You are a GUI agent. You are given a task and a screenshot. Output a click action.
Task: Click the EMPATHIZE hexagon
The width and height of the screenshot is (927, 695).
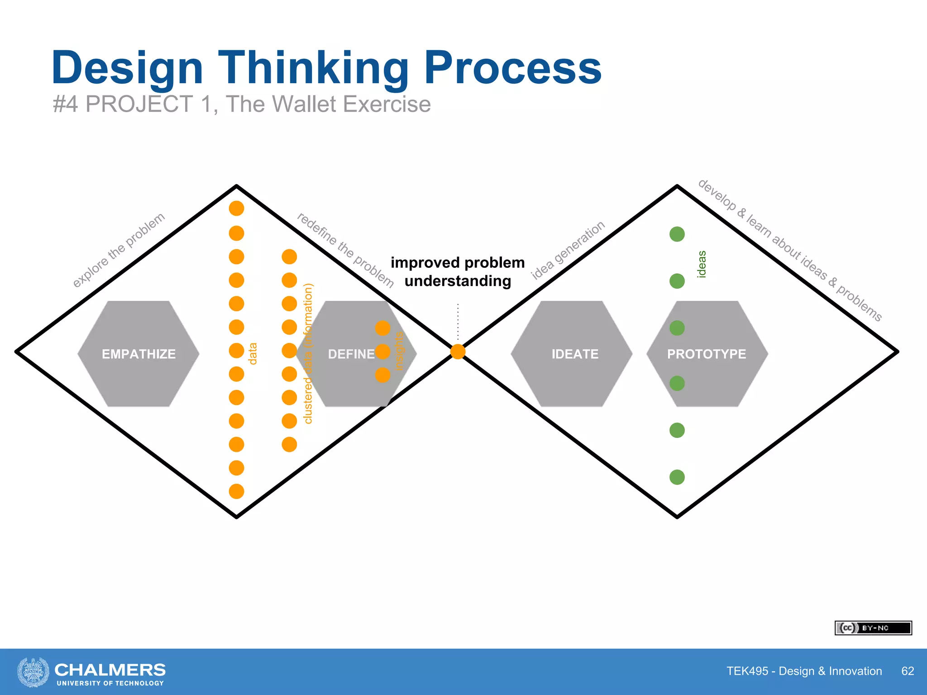click(139, 354)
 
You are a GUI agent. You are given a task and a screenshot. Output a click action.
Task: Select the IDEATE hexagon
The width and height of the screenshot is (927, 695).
click(572, 354)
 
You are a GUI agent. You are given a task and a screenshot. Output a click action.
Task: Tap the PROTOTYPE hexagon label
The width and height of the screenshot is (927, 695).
click(706, 354)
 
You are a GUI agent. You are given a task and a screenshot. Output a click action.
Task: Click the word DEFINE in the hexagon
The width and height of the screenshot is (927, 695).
click(351, 354)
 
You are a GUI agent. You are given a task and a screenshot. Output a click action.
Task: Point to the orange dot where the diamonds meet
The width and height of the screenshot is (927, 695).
click(458, 352)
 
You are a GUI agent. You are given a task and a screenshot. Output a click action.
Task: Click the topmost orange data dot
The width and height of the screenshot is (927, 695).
click(236, 209)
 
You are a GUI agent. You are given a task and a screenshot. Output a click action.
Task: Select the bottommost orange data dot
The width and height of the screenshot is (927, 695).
click(236, 491)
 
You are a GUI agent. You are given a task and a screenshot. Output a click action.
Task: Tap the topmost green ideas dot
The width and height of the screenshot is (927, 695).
click(677, 234)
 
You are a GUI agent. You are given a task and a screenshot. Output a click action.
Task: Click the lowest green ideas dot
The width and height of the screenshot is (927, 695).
click(677, 477)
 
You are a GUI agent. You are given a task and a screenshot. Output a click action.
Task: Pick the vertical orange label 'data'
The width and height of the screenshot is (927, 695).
click(253, 353)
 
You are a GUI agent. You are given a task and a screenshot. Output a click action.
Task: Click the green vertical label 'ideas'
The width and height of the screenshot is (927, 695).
click(702, 264)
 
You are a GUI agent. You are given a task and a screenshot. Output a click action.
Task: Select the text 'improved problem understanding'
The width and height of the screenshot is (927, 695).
click(458, 271)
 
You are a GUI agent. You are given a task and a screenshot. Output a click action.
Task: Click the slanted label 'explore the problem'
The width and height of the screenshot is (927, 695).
click(119, 250)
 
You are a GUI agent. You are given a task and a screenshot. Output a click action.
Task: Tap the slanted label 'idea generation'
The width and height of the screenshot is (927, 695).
click(568, 250)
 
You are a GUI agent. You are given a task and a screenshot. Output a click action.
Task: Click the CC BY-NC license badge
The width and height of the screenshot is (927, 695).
click(873, 628)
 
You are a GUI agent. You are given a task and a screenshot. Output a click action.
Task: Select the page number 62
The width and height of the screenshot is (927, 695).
click(907, 671)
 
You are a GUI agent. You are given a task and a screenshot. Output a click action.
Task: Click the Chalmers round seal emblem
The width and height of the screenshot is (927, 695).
click(33, 672)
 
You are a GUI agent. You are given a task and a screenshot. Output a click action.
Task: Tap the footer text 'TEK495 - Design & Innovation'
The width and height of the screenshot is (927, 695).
click(804, 671)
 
